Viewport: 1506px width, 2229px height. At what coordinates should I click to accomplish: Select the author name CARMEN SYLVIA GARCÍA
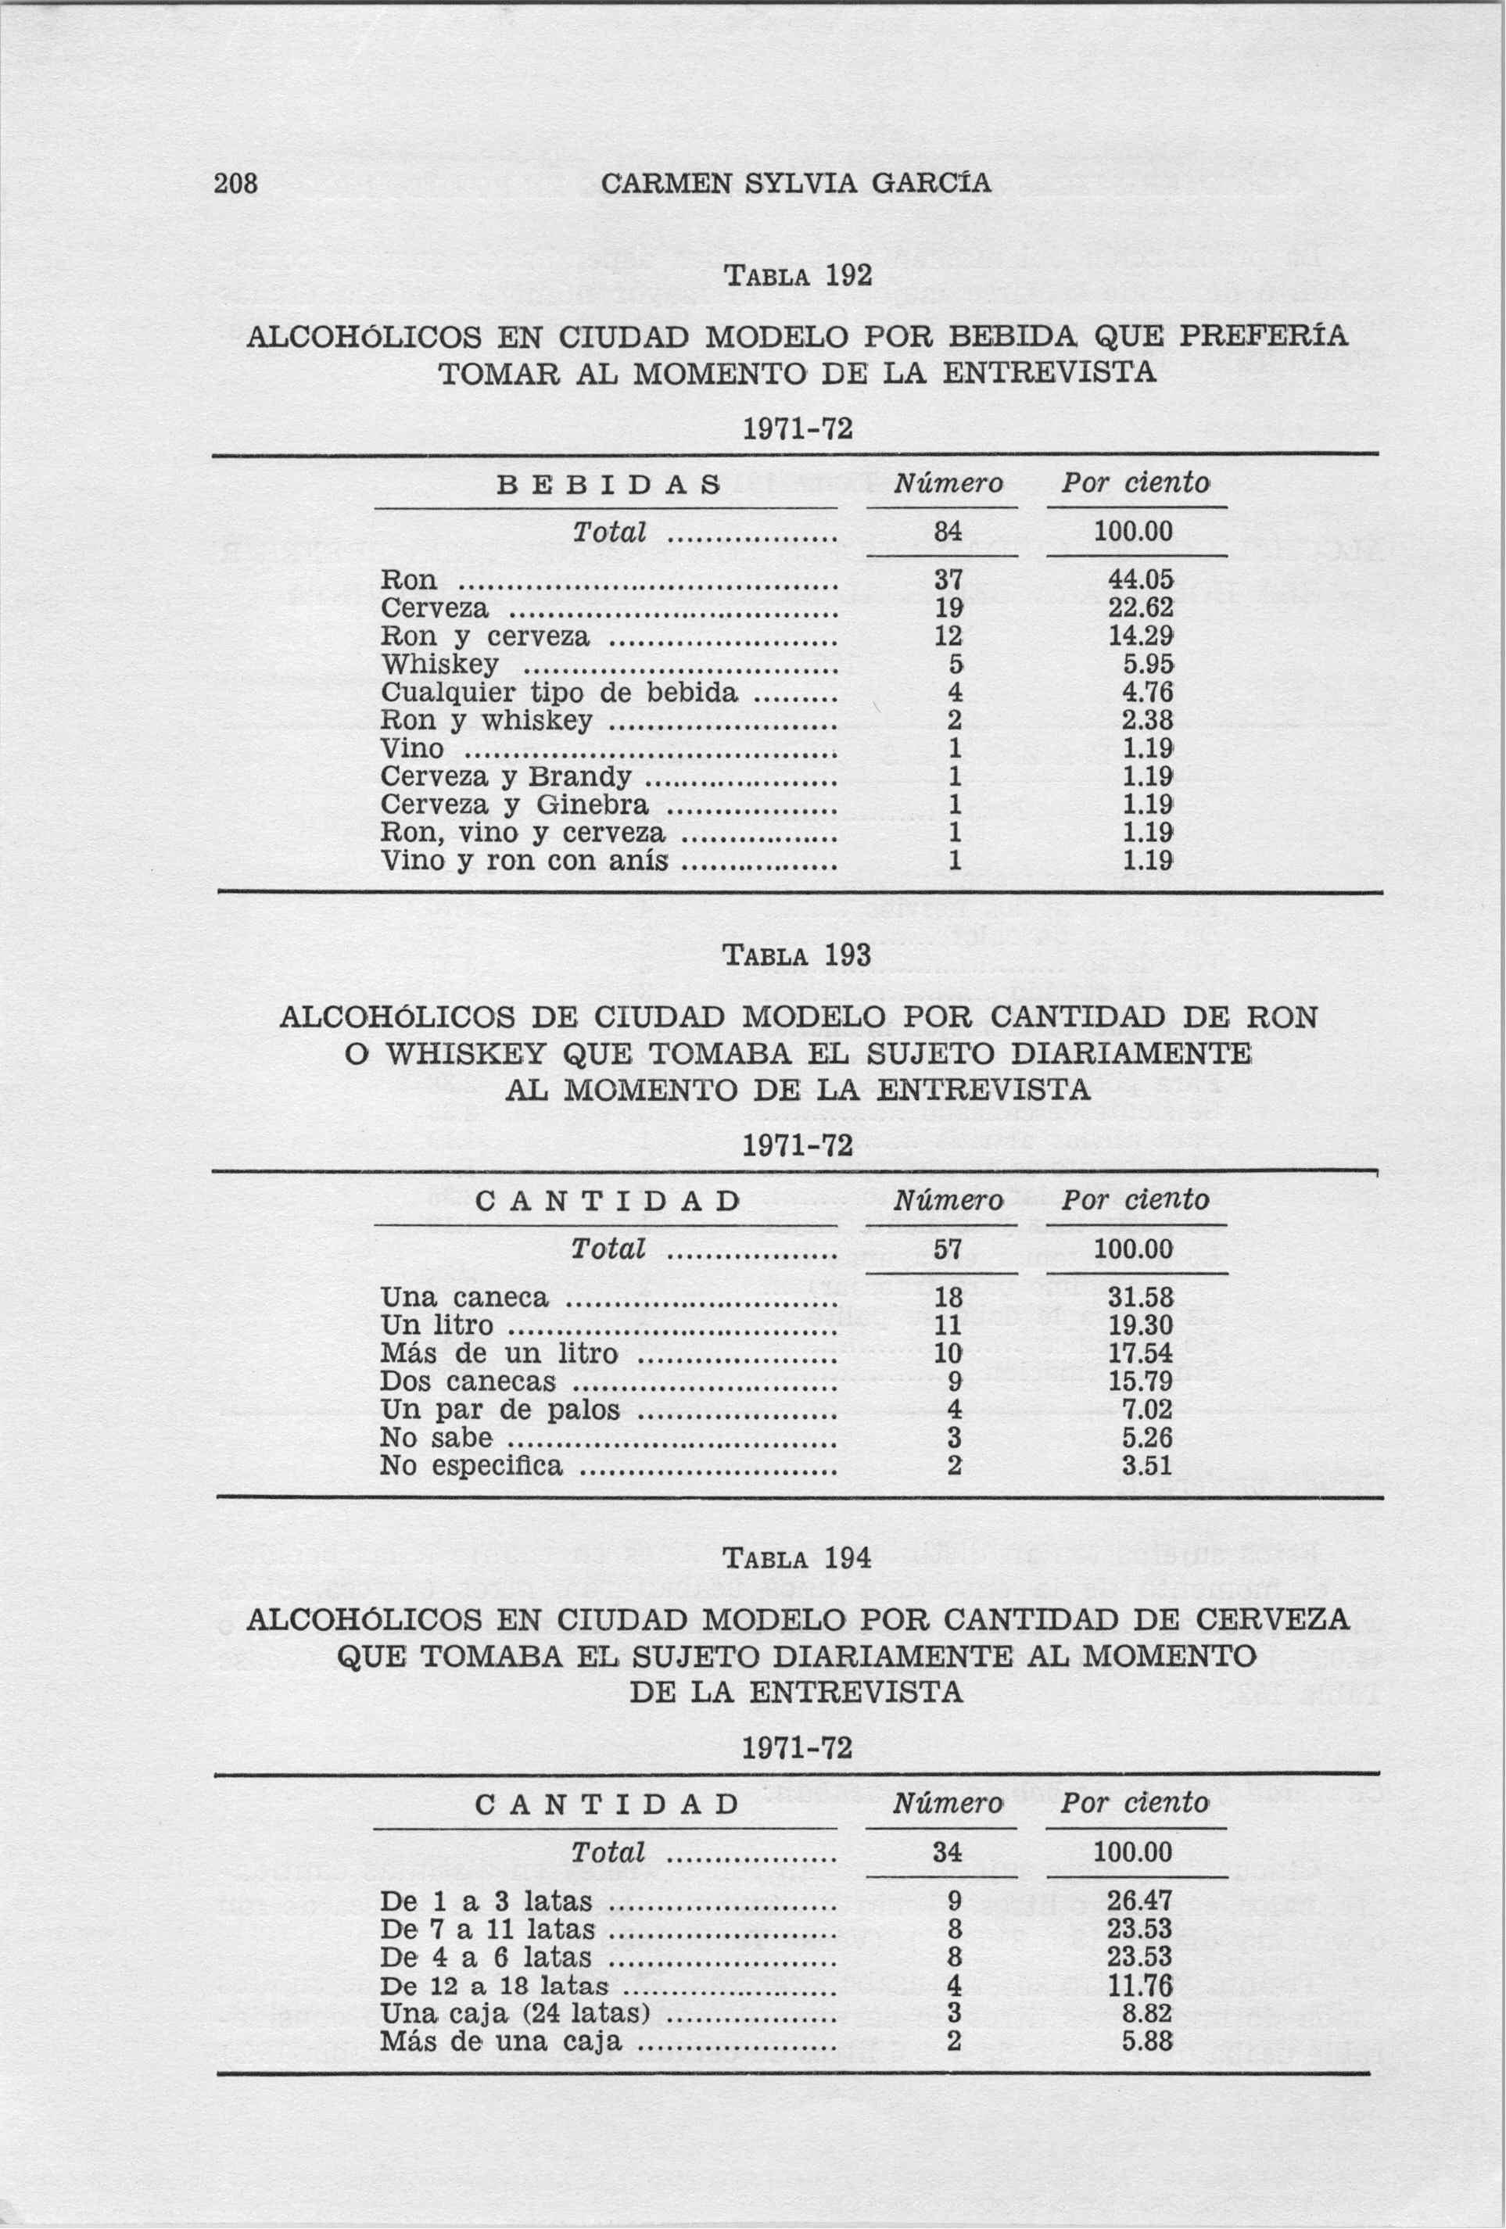[795, 183]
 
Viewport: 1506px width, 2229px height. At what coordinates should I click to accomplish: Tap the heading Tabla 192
[796, 276]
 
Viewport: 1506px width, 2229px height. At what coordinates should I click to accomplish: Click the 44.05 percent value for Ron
[1141, 580]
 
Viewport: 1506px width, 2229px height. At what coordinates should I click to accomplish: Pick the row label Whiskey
[439, 665]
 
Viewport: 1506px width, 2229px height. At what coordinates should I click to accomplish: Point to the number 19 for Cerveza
[948, 609]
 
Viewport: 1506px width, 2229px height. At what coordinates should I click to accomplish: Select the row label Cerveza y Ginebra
[515, 805]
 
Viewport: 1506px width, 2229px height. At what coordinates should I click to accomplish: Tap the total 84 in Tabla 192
[948, 530]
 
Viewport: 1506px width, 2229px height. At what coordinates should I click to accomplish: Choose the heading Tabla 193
[796, 956]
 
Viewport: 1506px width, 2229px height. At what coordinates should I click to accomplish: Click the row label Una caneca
[464, 1298]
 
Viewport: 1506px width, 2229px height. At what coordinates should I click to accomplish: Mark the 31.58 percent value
[1141, 1298]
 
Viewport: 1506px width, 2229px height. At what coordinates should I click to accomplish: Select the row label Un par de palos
[500, 1410]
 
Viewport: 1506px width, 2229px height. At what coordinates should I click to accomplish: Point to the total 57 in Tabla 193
[948, 1249]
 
